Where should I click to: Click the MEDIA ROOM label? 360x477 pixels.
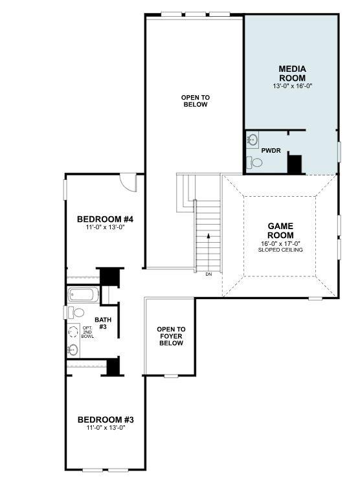point(292,72)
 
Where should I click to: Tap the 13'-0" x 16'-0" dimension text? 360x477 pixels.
point(292,86)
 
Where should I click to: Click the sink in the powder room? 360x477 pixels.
point(253,139)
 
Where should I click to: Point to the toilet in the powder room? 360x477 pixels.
point(254,162)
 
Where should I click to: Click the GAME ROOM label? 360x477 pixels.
point(280,230)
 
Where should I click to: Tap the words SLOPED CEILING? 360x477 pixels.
point(280,249)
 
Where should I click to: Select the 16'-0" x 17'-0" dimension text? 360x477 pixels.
point(280,243)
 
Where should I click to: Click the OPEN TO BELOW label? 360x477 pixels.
point(195,101)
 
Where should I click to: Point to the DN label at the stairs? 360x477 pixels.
point(208,274)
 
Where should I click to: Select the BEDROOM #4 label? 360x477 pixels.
point(105,218)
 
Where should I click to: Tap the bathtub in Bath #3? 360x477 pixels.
point(84,295)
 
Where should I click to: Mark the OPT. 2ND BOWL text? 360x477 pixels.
point(87,332)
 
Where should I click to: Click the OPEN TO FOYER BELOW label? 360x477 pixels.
point(171,336)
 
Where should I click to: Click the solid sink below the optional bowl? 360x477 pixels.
point(73,350)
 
